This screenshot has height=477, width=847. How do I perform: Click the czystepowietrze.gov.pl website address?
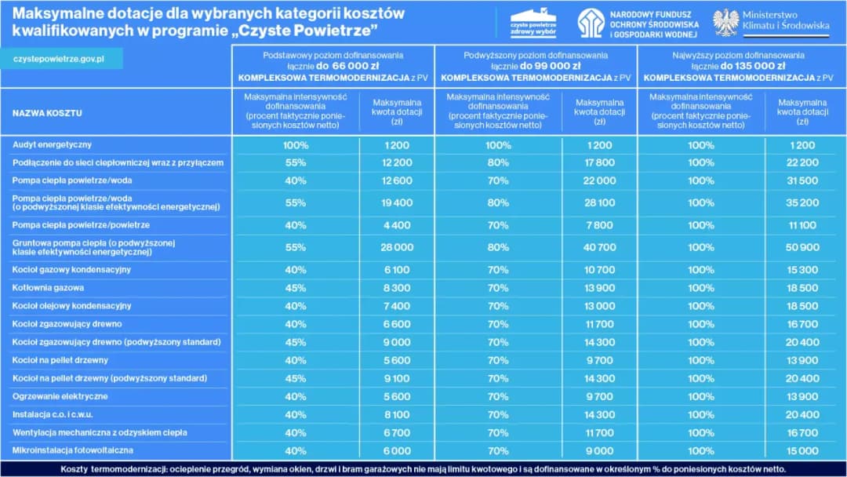(x=59, y=60)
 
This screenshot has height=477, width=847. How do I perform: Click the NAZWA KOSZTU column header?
(x=47, y=113)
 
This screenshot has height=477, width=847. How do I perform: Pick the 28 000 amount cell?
(x=397, y=247)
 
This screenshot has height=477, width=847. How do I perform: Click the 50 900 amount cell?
(x=802, y=247)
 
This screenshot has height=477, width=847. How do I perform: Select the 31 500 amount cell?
(x=802, y=180)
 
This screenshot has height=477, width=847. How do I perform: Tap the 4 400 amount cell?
(x=397, y=225)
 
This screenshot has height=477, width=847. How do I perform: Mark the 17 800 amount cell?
(x=599, y=162)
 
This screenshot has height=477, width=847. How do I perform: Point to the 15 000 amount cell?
(x=802, y=451)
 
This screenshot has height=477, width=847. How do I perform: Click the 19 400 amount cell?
(x=397, y=202)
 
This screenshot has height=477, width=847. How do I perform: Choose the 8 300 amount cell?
(x=397, y=288)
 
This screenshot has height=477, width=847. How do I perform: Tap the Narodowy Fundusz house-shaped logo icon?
(x=591, y=24)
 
